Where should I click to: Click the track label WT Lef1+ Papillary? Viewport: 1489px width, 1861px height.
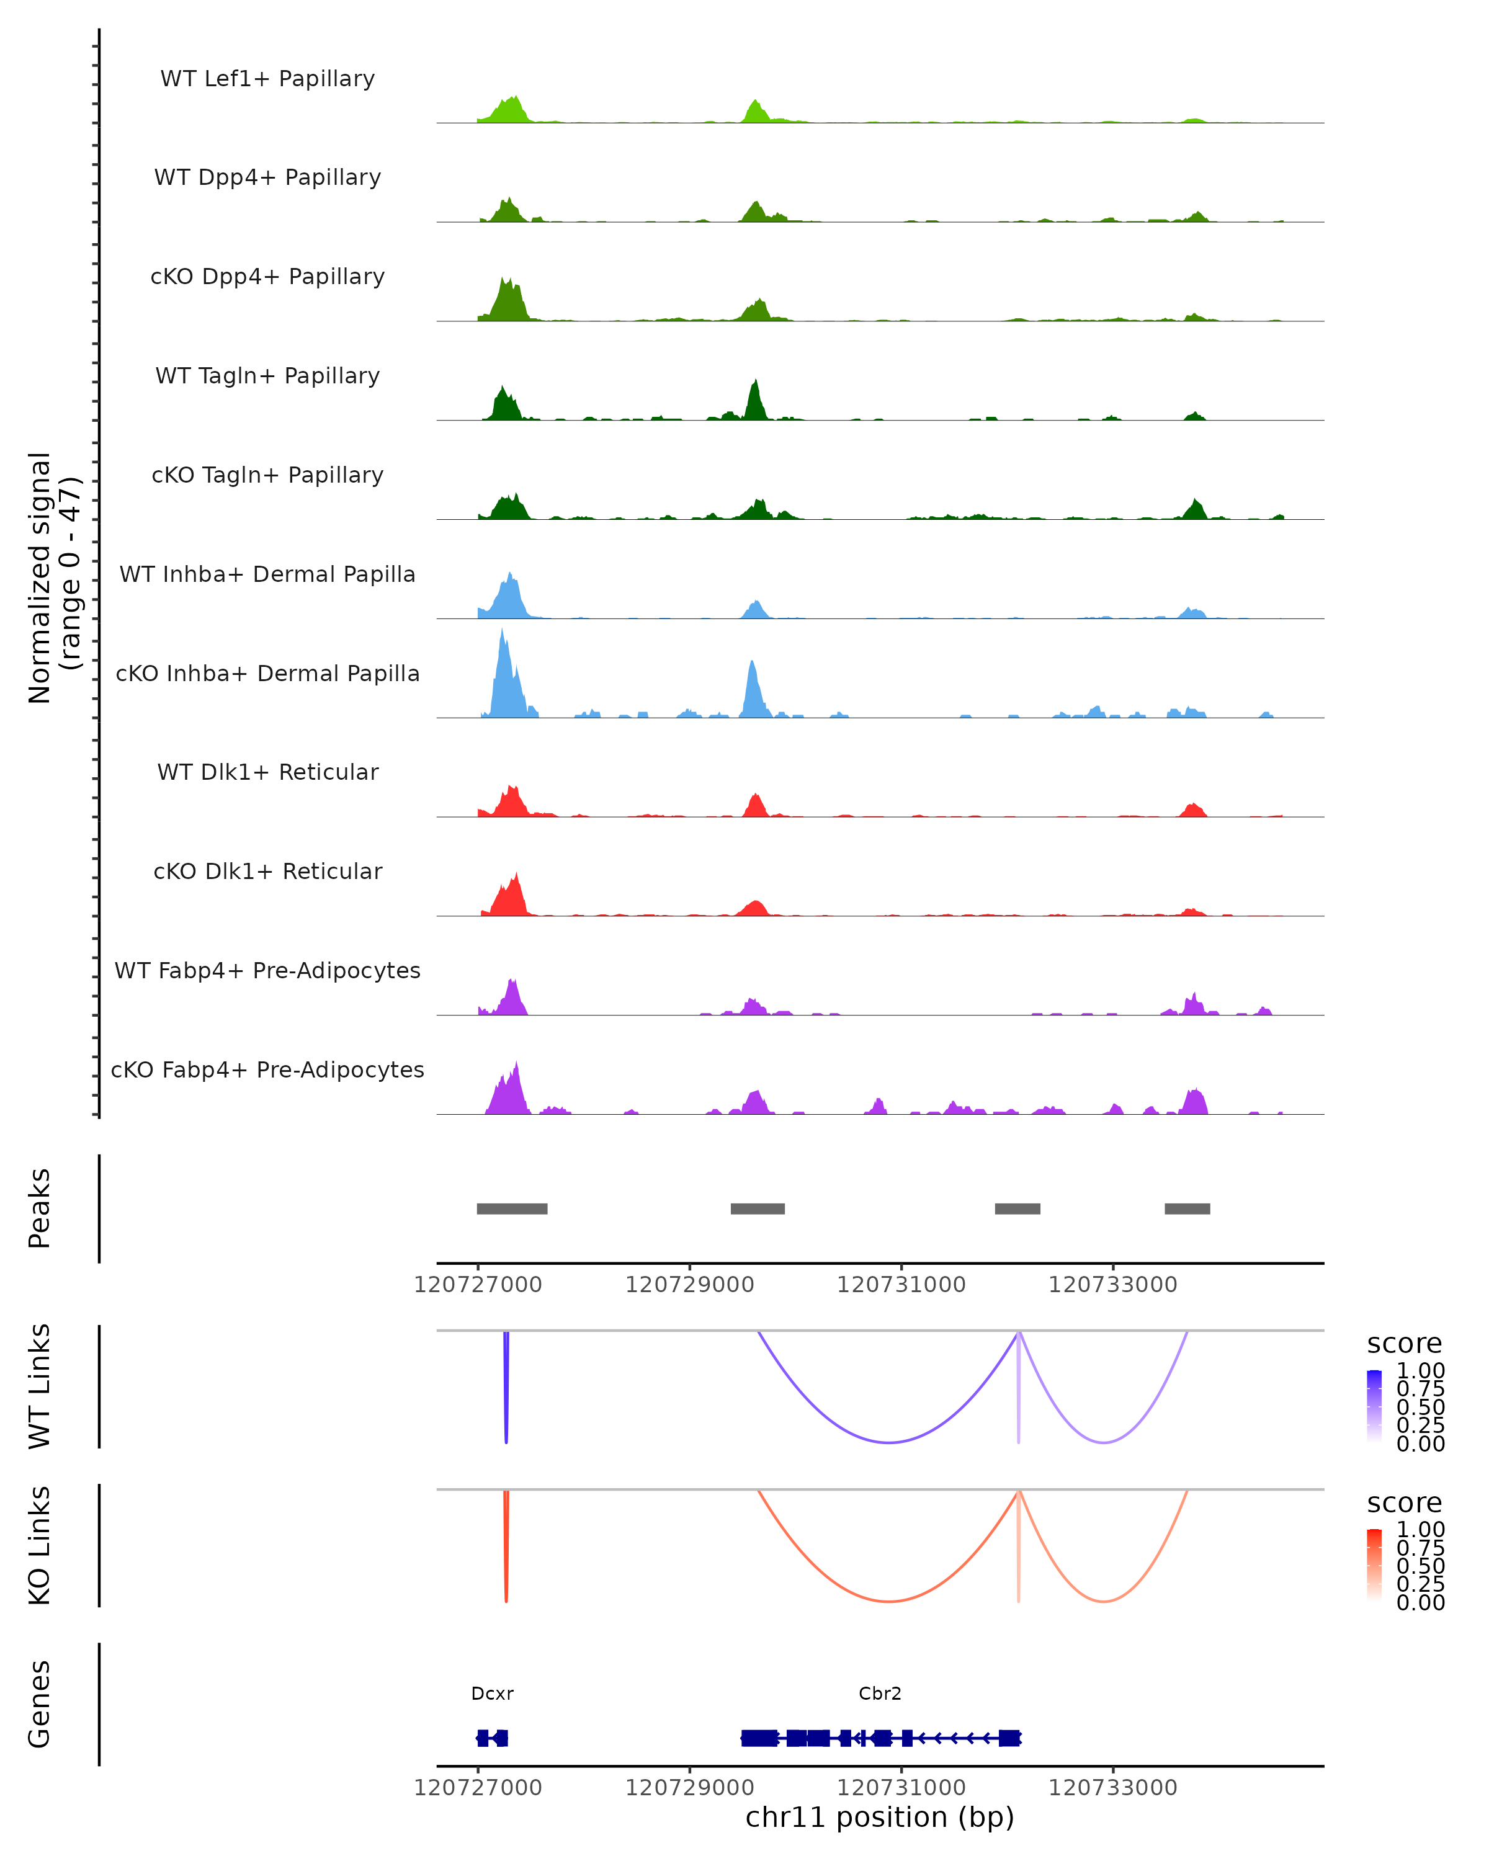click(x=267, y=79)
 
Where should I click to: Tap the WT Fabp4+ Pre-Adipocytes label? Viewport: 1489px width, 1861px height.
click(x=267, y=971)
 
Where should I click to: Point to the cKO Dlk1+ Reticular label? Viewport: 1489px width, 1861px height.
click(x=267, y=872)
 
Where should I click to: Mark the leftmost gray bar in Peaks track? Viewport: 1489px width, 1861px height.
click(x=512, y=1208)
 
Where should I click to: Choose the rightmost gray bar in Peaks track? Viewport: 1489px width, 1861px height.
click(x=1187, y=1208)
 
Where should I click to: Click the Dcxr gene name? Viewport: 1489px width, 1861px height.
click(x=492, y=1694)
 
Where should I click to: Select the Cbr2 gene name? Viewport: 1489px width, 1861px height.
click(x=880, y=1694)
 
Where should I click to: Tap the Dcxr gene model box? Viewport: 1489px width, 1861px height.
click(x=492, y=1738)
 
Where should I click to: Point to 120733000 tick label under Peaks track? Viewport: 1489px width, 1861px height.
click(x=1112, y=1285)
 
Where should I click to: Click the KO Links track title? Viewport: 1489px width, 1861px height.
click(x=40, y=1545)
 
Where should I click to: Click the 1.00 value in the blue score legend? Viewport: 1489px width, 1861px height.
click(x=1421, y=1371)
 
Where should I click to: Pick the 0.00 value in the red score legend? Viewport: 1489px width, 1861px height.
click(x=1421, y=1602)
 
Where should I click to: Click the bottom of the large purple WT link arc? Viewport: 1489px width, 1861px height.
click(x=888, y=1442)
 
